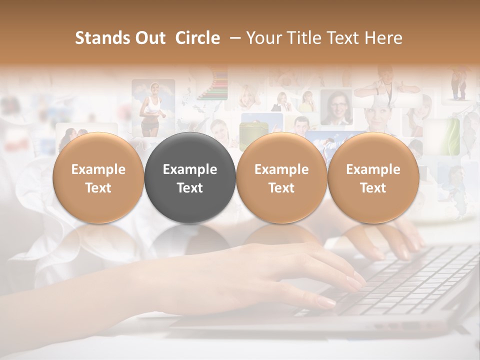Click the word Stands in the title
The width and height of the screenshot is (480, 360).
[102, 38]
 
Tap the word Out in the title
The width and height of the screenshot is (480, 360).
[149, 38]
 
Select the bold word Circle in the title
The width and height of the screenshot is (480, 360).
[197, 38]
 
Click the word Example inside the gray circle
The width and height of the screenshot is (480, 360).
[190, 169]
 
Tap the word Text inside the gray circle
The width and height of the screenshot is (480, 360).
[190, 188]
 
